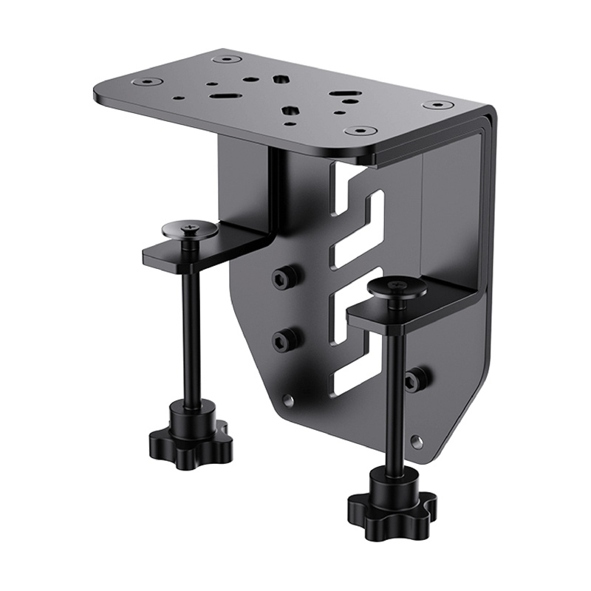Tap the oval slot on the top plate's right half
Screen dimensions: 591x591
341,94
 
